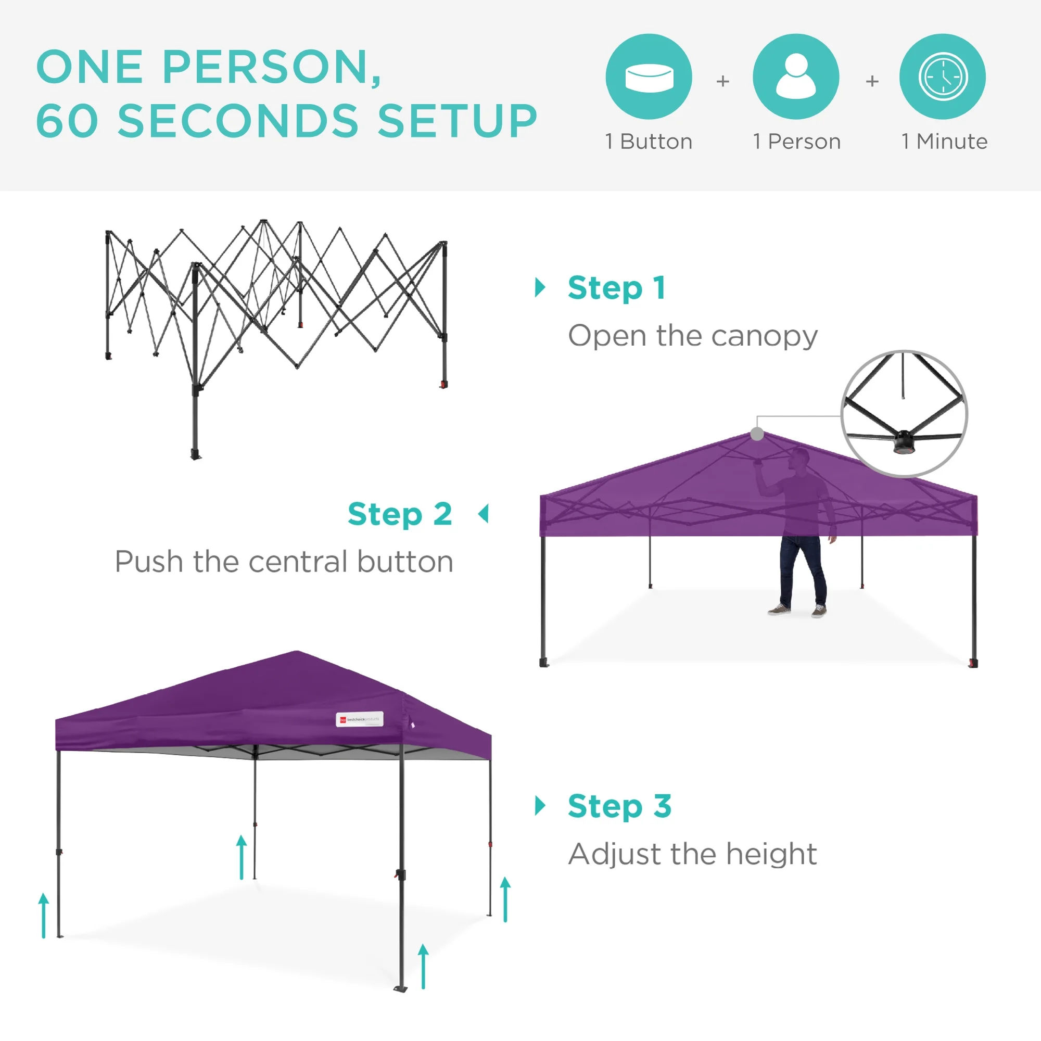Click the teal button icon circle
(x=649, y=77)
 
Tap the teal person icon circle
(x=796, y=77)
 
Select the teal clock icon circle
(x=943, y=77)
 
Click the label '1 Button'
(x=649, y=142)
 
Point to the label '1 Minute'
(x=945, y=142)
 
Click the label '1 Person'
(x=797, y=142)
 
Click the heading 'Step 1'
(x=616, y=288)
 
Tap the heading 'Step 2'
(x=400, y=514)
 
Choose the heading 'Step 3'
(x=619, y=806)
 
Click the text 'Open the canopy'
(x=693, y=336)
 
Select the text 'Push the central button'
(x=284, y=562)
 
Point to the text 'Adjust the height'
(x=693, y=854)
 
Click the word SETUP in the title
(x=458, y=121)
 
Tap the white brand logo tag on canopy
(x=359, y=719)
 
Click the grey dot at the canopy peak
(x=757, y=434)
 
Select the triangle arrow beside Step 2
(x=484, y=514)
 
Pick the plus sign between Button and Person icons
(x=722, y=81)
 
